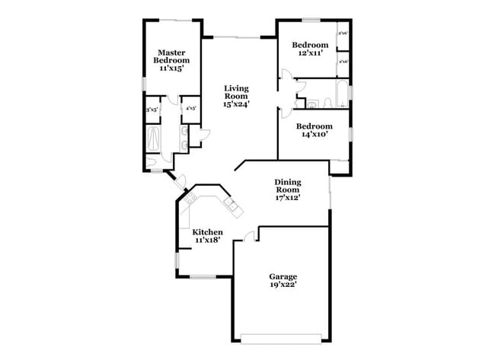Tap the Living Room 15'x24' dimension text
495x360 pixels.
pyautogui.click(x=236, y=104)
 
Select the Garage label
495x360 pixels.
pyautogui.click(x=283, y=276)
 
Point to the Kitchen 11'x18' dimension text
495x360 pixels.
pyautogui.click(x=207, y=240)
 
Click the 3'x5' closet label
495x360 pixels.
pyautogui.click(x=152, y=109)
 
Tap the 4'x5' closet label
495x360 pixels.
pyautogui.click(x=190, y=109)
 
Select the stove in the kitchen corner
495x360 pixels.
pyautogui.click(x=188, y=199)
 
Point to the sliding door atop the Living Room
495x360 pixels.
pyautogui.click(x=237, y=37)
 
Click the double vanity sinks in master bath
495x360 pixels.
pyautogui.click(x=184, y=137)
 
